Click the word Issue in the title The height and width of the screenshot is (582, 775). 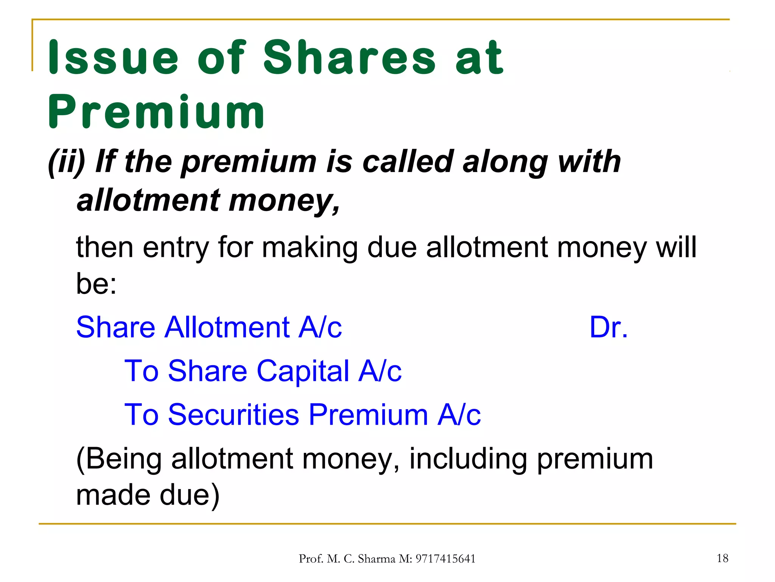point(113,58)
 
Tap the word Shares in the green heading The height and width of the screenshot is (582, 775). point(349,58)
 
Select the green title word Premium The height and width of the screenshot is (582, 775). point(156,112)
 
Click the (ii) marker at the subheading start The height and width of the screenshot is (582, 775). point(67,162)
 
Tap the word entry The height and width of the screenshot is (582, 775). point(176,247)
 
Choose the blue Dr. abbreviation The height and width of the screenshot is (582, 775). point(608,327)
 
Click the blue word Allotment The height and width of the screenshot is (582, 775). point(227,327)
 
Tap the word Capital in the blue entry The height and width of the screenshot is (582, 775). point(303,371)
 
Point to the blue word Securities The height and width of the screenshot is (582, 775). point(233,414)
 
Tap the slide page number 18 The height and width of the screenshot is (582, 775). point(722,558)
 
